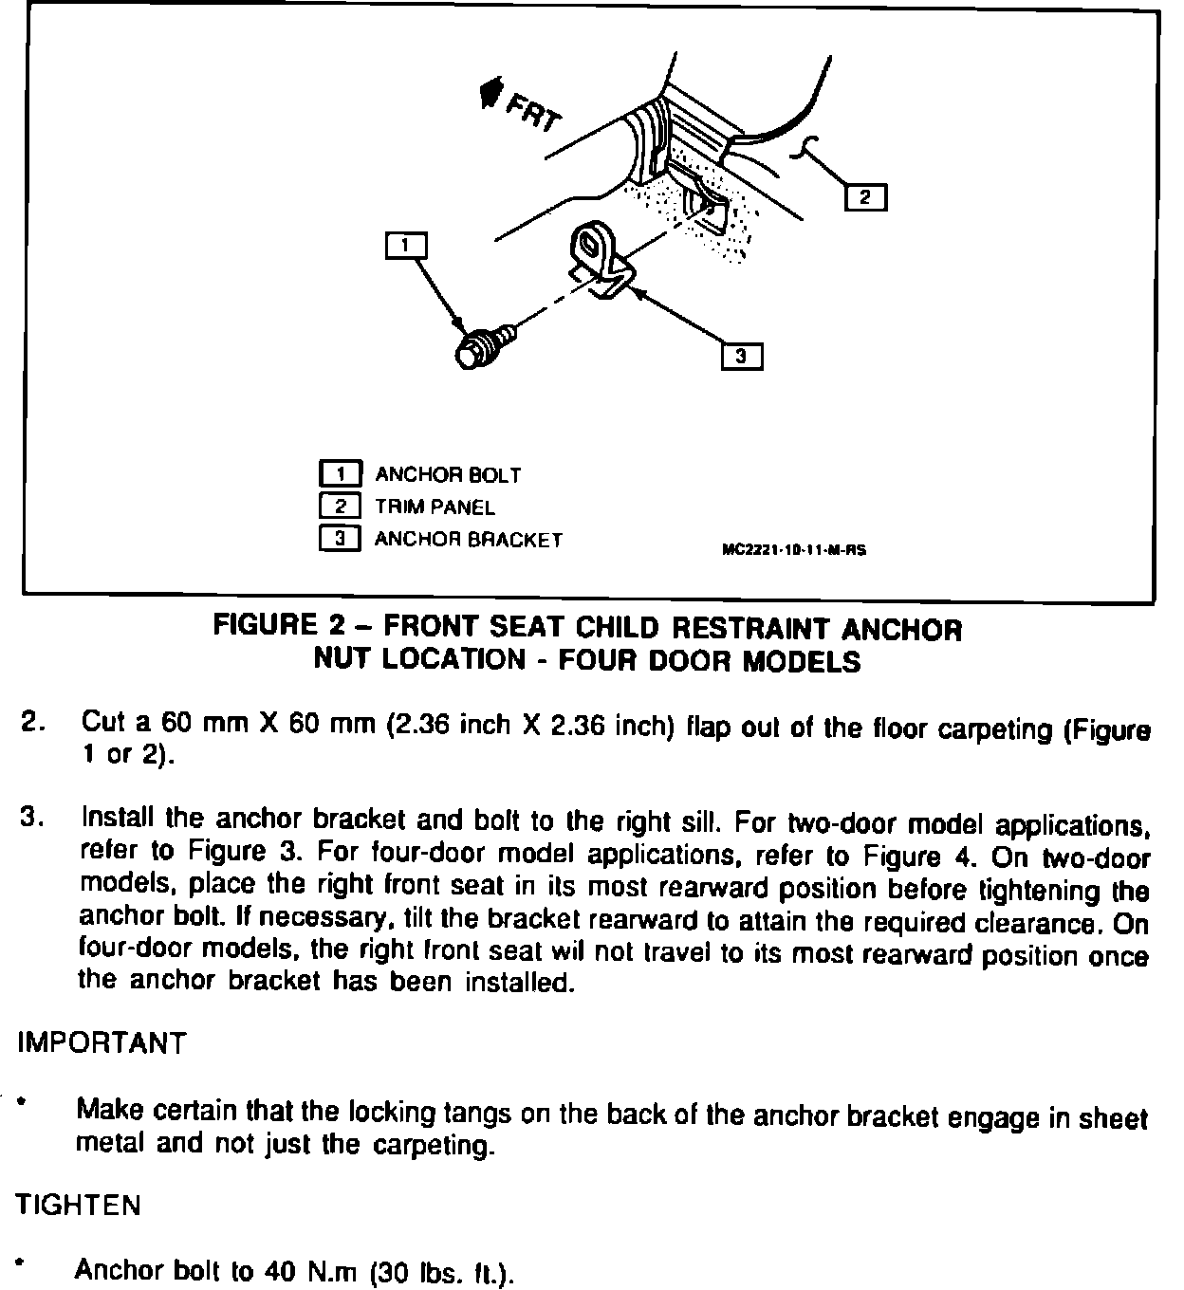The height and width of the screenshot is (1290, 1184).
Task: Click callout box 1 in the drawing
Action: tap(405, 246)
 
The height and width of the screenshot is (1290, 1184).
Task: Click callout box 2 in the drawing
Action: tap(865, 196)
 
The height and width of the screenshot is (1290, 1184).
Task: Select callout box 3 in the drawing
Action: tap(741, 357)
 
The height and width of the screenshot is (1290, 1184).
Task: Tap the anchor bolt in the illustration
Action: tap(484, 347)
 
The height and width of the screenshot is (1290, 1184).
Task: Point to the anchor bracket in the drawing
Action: tap(601, 261)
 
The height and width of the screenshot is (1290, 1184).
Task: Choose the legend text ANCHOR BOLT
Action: tap(448, 475)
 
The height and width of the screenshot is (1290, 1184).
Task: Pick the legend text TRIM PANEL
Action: tap(435, 507)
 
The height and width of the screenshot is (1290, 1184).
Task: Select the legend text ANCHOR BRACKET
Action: tap(469, 540)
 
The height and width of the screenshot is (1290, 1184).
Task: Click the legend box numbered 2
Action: tap(341, 507)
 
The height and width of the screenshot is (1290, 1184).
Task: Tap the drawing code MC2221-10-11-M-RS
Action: tap(794, 550)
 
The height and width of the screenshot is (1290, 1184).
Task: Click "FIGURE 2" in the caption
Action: tap(279, 624)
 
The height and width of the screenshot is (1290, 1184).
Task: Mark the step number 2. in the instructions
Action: tap(33, 722)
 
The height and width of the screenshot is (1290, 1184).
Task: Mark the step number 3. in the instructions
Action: tap(32, 818)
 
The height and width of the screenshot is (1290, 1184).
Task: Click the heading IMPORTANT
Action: tap(102, 1043)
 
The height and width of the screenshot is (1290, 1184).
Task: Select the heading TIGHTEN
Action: tap(78, 1206)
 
